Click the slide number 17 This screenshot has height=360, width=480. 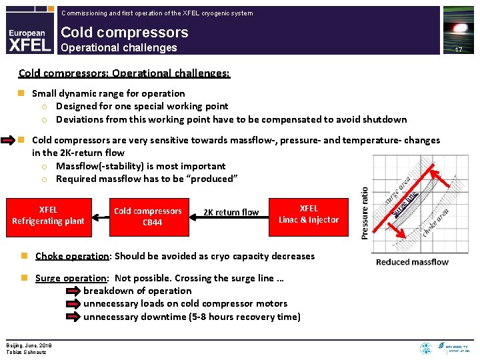click(458, 50)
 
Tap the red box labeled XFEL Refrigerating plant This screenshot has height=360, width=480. click(48, 215)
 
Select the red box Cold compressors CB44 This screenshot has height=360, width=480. click(147, 217)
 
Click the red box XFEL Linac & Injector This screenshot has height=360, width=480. click(309, 214)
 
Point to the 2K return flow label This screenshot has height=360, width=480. click(231, 213)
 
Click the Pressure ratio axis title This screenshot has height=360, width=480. click(365, 213)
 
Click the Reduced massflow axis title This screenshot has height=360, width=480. click(412, 262)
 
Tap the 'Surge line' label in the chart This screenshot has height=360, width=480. click(405, 203)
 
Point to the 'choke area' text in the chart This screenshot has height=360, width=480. click(436, 223)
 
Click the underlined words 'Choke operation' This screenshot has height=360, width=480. click(72, 256)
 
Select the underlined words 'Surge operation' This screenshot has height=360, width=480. click(71, 278)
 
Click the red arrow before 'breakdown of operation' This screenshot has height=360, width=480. click(73, 291)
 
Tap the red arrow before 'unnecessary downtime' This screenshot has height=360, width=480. click(73, 317)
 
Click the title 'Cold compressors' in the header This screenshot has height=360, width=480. click(125, 32)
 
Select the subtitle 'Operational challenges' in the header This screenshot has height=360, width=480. click(119, 47)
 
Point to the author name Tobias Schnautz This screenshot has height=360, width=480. click(27, 351)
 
